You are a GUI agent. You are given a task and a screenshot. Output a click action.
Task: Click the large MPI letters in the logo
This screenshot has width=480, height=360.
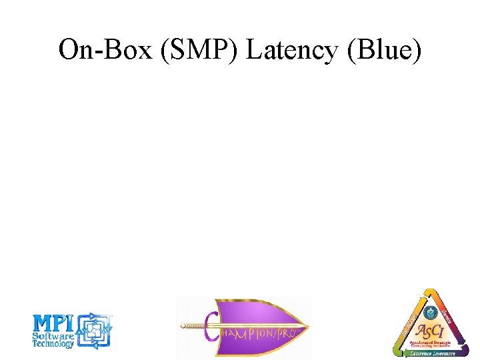pos(55,324)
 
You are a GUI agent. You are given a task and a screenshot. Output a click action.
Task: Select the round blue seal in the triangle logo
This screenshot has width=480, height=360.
pos(429,312)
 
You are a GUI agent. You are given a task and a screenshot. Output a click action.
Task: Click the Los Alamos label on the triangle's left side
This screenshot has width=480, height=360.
pos(409,319)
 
